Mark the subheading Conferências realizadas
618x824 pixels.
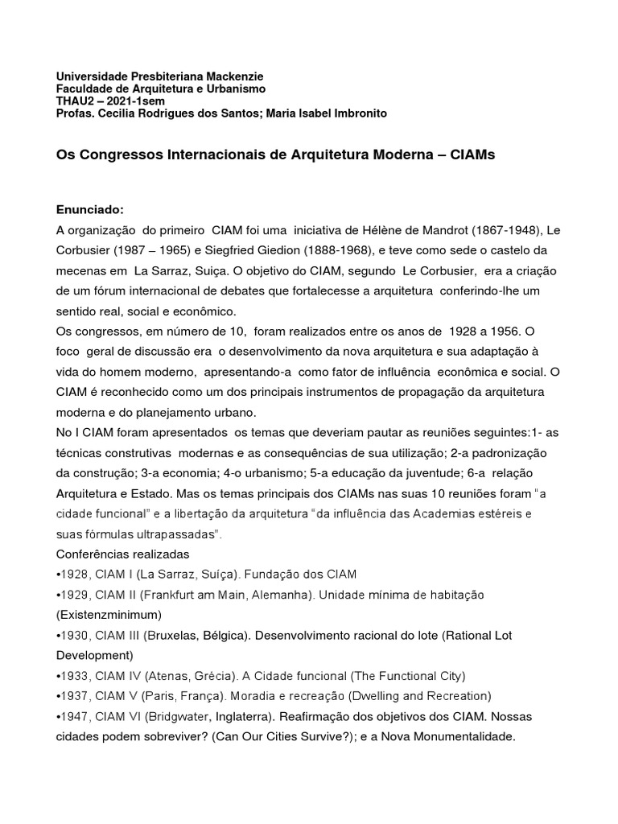pos(122,554)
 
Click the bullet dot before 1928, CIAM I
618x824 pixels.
pos(58,575)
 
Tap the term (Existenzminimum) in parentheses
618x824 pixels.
pos(109,615)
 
